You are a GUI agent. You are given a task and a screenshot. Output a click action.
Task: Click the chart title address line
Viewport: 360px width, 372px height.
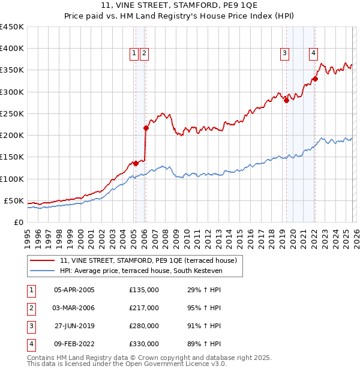(x=179, y=7)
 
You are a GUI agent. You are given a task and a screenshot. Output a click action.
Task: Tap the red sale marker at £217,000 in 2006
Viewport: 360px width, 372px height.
(x=146, y=128)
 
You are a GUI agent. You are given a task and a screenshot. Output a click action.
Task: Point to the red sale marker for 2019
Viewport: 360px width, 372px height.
(x=286, y=101)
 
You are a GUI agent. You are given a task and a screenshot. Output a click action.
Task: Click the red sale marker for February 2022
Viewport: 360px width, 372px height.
(x=314, y=79)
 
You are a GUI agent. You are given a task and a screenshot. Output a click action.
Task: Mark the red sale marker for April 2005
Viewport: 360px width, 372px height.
(x=136, y=163)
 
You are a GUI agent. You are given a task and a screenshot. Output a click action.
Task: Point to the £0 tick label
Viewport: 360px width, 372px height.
(x=18, y=222)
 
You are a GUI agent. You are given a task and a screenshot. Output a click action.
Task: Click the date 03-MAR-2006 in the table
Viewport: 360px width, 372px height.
(x=74, y=308)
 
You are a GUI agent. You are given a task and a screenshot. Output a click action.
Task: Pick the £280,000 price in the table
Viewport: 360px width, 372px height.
(x=143, y=326)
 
